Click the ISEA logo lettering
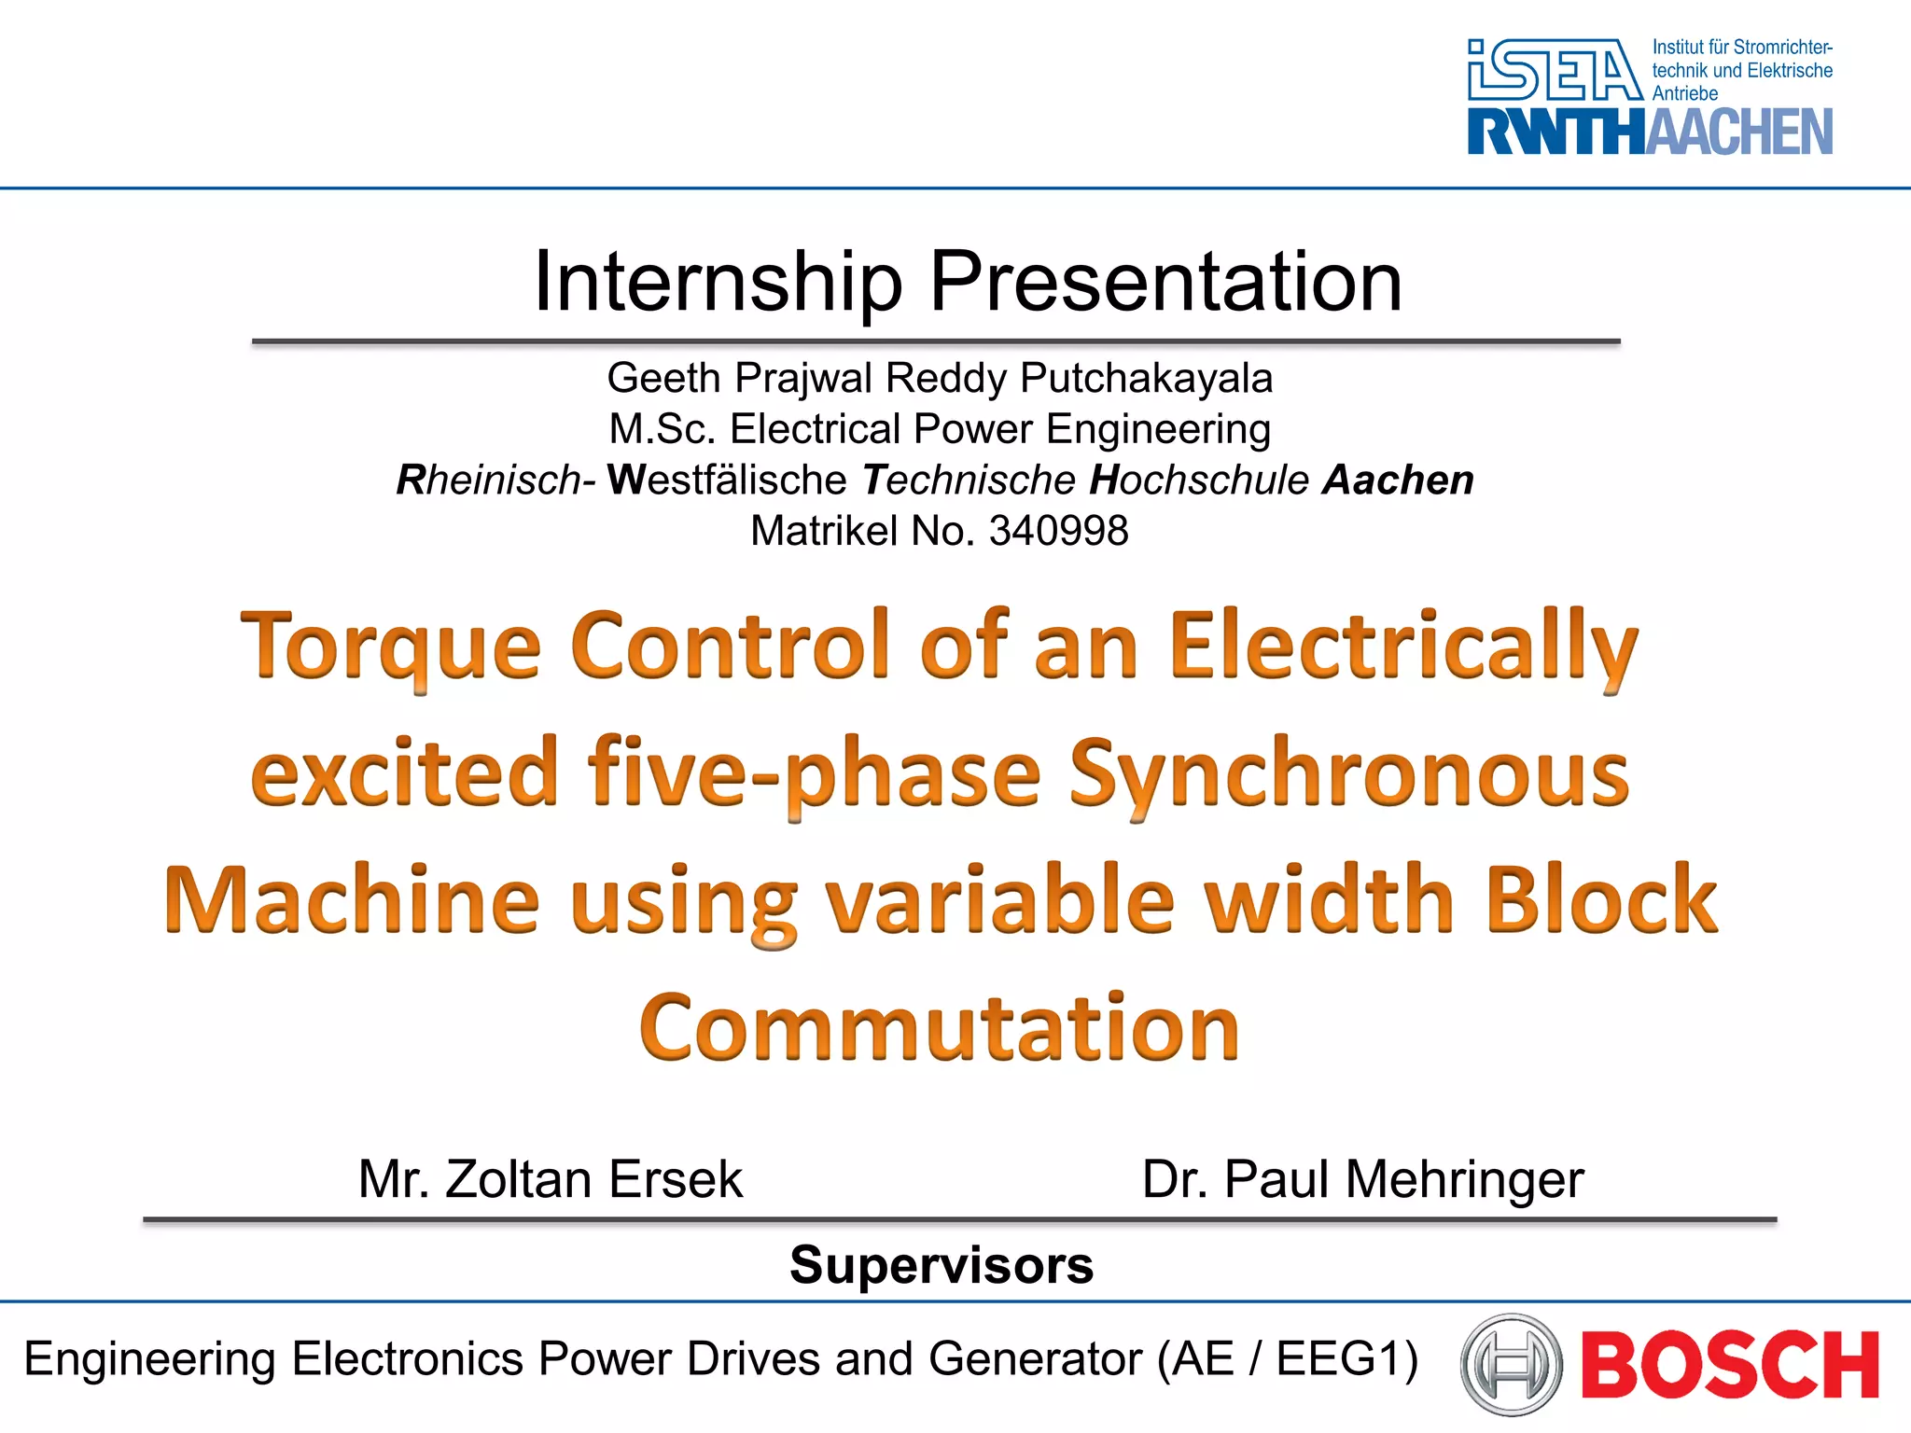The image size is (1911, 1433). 1554,70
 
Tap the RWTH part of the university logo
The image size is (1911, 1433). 1555,132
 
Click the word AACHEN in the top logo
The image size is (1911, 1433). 1738,132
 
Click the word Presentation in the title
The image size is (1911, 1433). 1165,282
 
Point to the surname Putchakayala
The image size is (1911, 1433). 1146,378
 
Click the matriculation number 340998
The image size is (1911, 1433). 1058,531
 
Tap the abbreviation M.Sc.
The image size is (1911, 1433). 663,429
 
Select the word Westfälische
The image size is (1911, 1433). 727,480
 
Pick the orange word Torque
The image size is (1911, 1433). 391,647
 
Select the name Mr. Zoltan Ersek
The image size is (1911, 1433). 551,1179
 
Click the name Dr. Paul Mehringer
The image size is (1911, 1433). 1362,1179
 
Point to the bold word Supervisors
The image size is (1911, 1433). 942,1265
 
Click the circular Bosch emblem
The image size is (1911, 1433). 1511,1363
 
